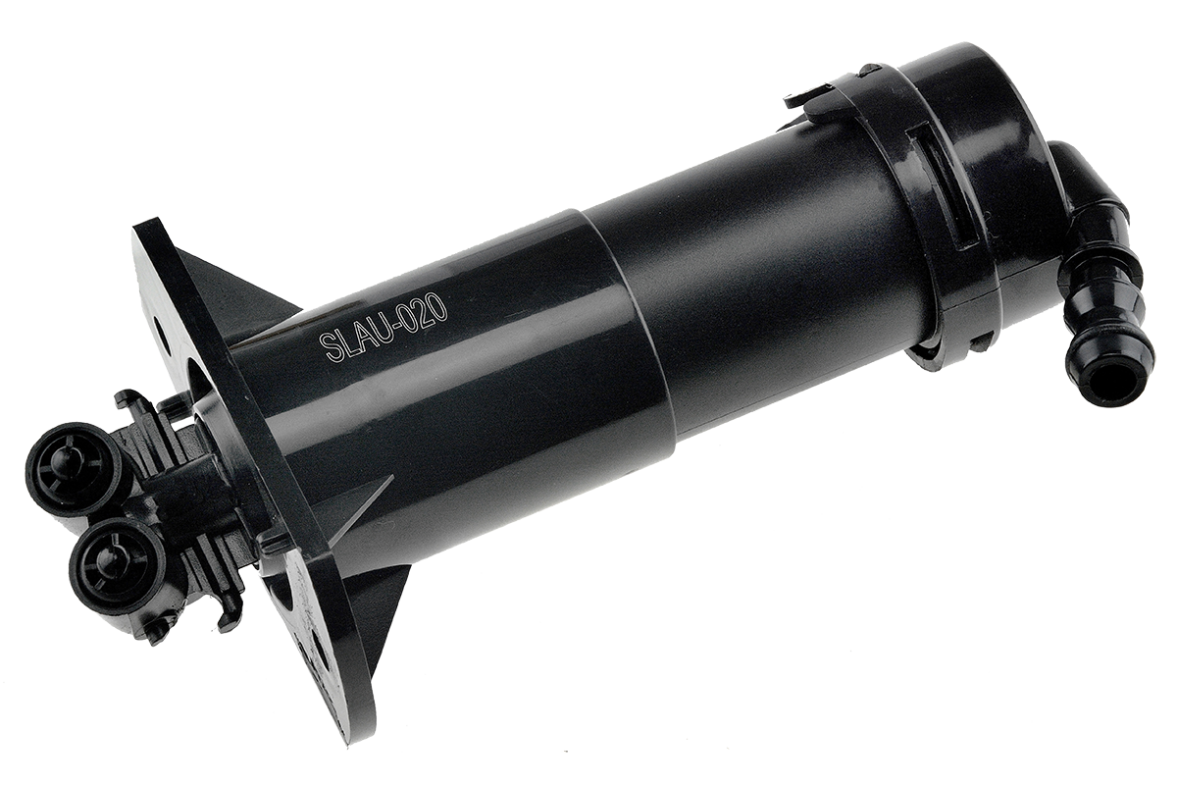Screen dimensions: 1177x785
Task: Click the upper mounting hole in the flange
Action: tap(162, 335)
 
